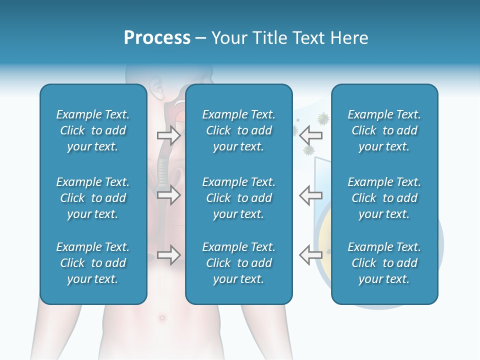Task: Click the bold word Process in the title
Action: tap(157, 38)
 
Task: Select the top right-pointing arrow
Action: tap(168, 135)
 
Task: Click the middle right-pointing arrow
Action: tap(168, 195)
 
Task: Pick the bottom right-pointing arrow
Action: tap(168, 255)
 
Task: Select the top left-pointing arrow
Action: tap(310, 135)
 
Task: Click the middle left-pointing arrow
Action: tap(310, 195)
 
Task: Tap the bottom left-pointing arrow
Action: tap(310, 255)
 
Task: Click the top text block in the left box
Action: tap(93, 130)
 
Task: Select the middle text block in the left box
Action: tap(93, 198)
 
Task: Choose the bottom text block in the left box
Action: tap(93, 263)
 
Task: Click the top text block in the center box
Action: tap(238, 130)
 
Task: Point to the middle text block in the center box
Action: tap(238, 198)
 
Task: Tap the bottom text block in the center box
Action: tap(238, 263)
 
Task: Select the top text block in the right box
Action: tap(384, 130)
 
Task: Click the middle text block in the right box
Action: tap(384, 198)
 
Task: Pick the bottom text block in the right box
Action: tap(384, 263)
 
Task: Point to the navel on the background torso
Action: tap(161, 317)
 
